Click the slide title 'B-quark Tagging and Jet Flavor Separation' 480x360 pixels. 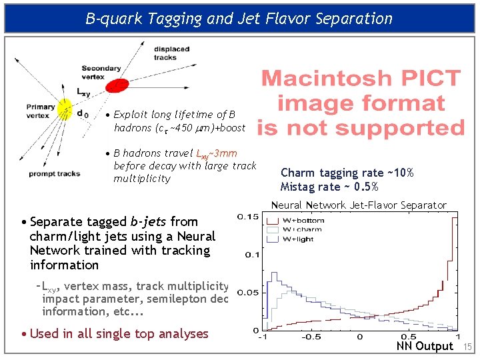(239, 18)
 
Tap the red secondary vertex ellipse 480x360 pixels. (117, 85)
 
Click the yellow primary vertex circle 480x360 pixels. (65, 107)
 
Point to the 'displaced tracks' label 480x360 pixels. (171, 53)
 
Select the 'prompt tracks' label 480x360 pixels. (54, 174)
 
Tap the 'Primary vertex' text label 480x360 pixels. (41, 111)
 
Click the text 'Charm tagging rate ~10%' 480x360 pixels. (347, 173)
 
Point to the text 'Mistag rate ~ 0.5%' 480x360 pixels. (329, 187)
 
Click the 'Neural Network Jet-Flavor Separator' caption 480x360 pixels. (358, 205)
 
